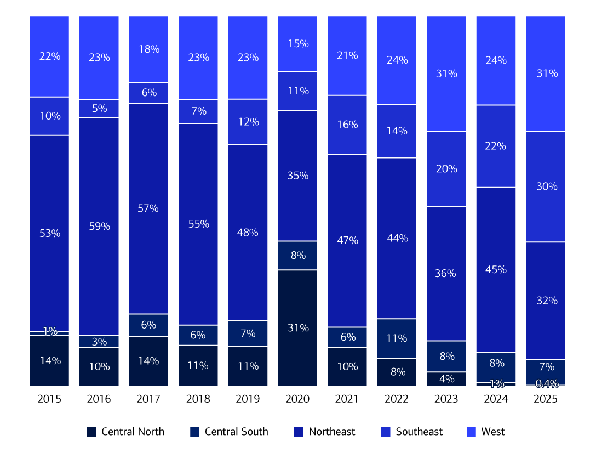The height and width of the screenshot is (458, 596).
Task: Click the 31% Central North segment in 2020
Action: [x=297, y=327]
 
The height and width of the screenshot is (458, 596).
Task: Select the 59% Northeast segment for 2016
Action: [x=99, y=226]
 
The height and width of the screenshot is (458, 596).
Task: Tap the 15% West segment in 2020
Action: [x=297, y=44]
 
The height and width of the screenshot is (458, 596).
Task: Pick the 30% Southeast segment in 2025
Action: [x=546, y=186]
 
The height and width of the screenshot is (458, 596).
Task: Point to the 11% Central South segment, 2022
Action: [x=397, y=338]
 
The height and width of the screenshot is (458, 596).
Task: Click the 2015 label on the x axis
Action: [x=49, y=399]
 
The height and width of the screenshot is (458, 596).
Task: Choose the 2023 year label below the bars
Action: [x=446, y=399]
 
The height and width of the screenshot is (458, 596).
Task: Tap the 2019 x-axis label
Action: [x=248, y=399]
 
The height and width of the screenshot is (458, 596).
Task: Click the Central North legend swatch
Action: [x=91, y=432]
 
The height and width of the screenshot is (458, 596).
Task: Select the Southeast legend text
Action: [x=419, y=432]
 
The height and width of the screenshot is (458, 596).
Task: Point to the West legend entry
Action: [x=493, y=432]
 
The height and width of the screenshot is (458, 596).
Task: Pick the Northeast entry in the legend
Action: [x=332, y=432]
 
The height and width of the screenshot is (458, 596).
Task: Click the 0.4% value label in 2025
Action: [x=546, y=383]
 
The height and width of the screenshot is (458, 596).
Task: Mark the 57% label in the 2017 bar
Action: [x=148, y=208]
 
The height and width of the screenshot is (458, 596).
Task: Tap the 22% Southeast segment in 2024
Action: [x=496, y=146]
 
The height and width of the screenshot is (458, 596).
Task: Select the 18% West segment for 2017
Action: [x=148, y=49]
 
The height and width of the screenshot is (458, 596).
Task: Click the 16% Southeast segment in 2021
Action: [x=347, y=125]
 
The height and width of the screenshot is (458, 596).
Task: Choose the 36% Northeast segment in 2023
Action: [x=446, y=273]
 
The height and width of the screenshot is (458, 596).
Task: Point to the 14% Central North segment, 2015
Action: [x=49, y=360]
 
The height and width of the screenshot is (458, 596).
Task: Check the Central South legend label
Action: [x=237, y=432]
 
